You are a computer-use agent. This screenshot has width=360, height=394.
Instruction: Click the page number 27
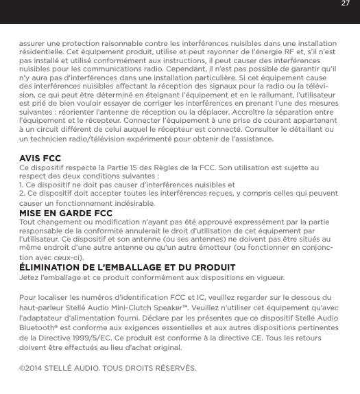click(345, 8)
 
